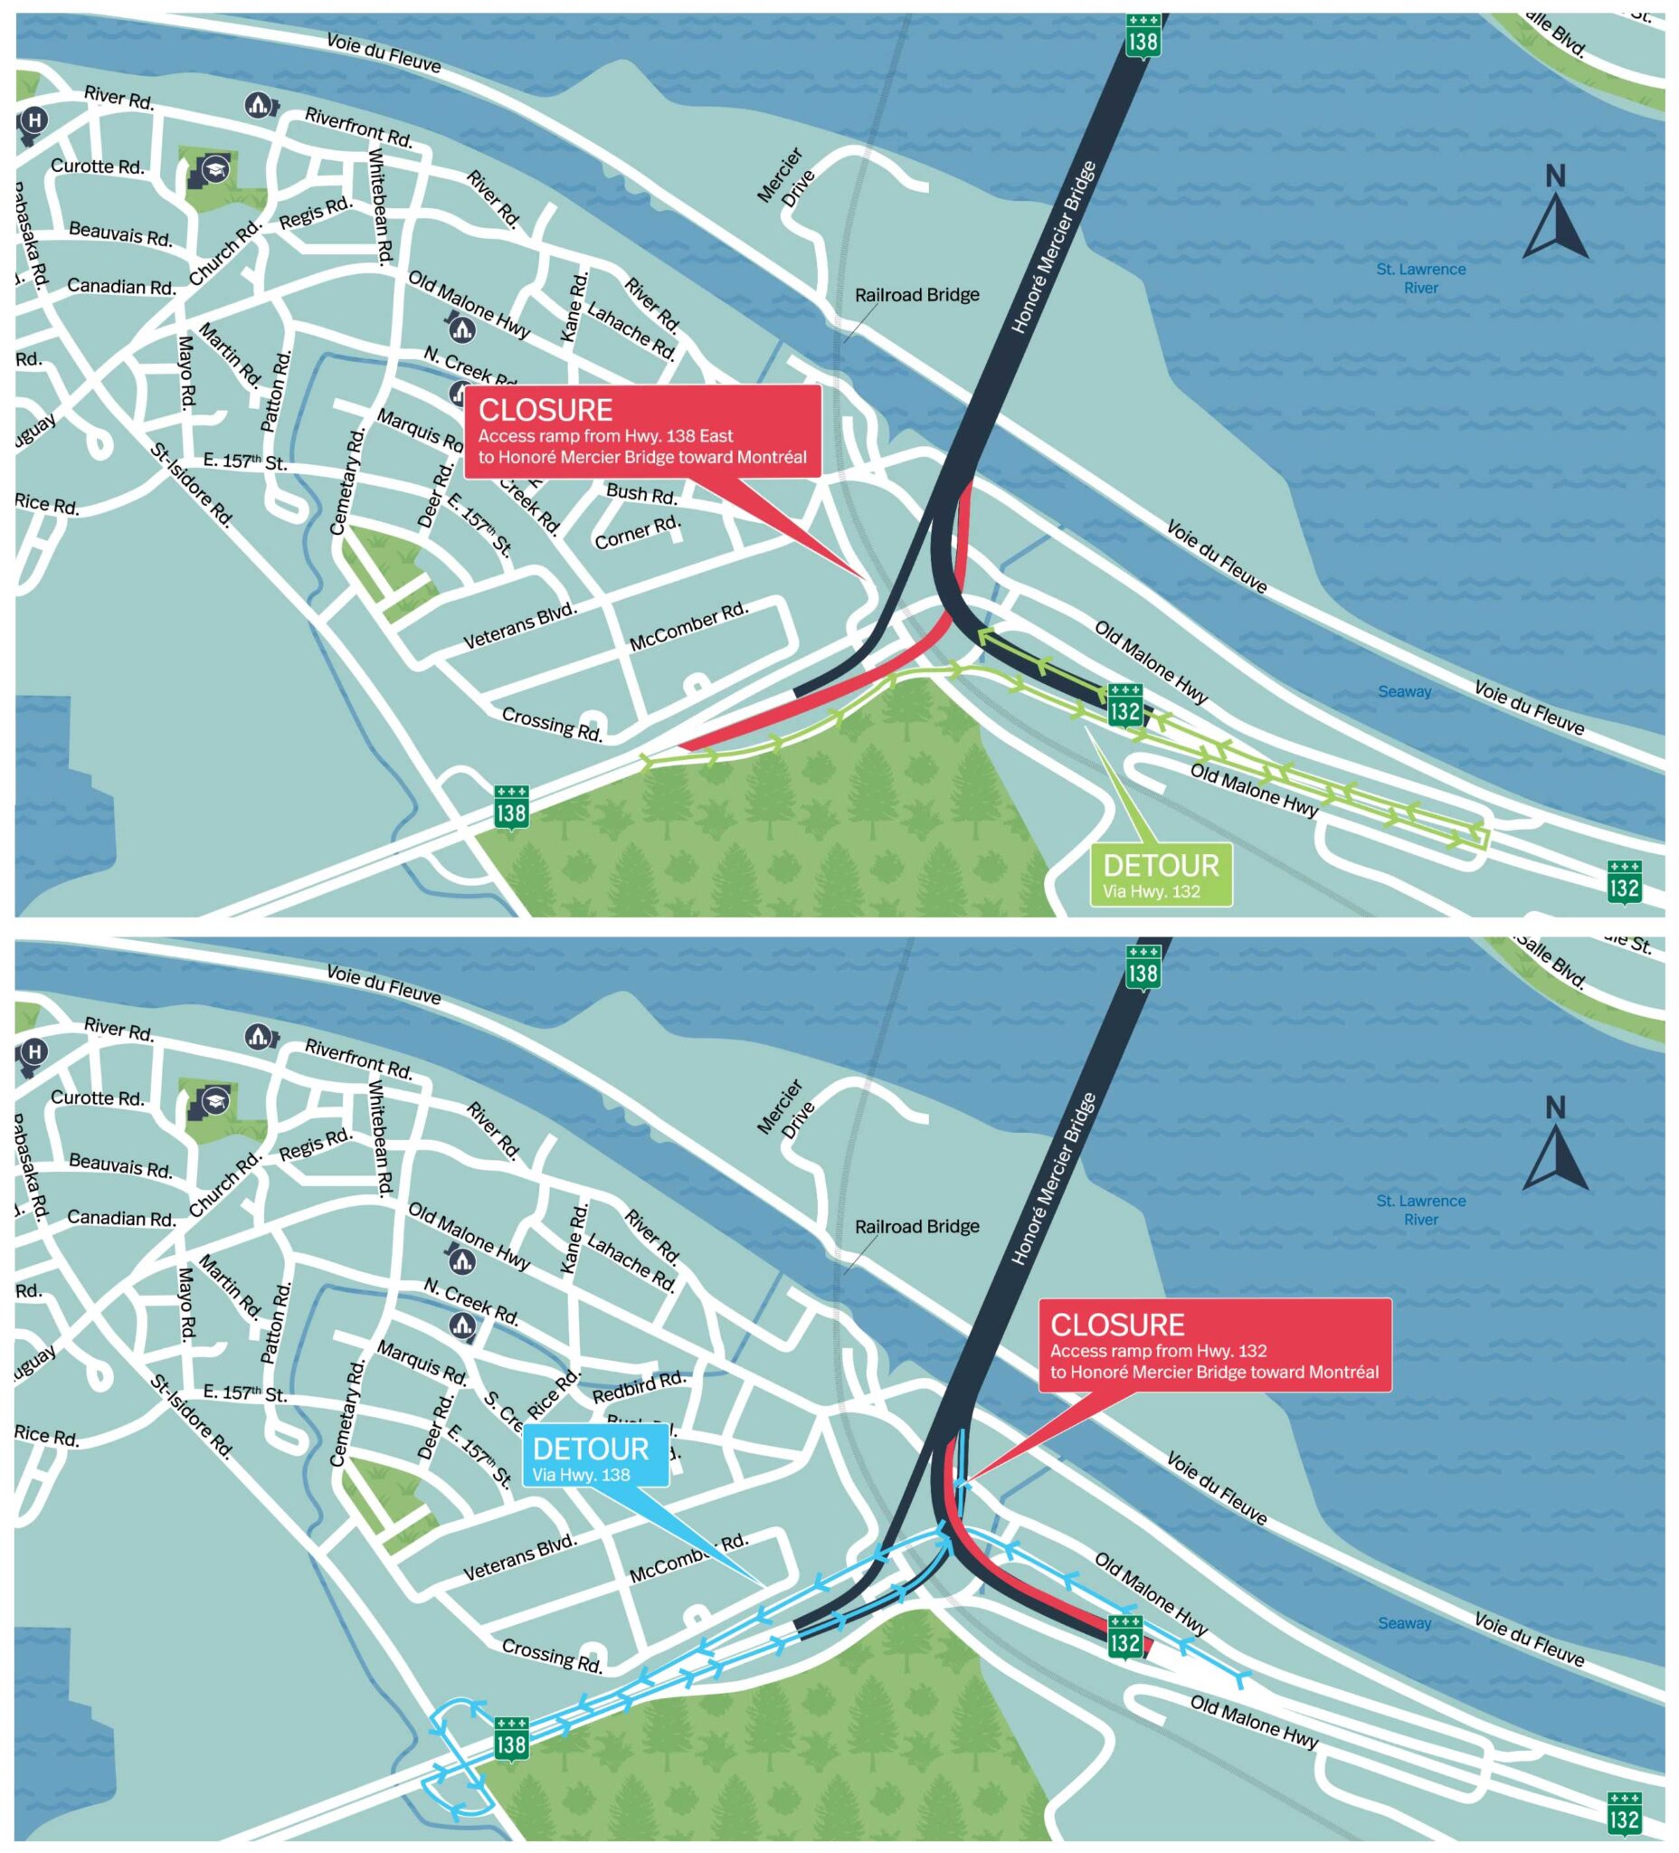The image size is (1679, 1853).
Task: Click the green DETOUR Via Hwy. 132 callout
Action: (1160, 876)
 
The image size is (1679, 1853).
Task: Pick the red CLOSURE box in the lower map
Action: (1213, 1345)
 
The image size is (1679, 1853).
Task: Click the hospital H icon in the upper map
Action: (34, 120)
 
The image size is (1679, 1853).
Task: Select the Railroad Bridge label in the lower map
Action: (916, 1226)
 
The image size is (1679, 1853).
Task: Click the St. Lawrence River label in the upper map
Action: (1421, 279)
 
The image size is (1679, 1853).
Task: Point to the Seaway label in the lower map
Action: (1404, 1622)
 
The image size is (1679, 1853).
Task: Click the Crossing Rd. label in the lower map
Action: (553, 1655)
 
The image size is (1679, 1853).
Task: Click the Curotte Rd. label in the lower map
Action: (98, 1098)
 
